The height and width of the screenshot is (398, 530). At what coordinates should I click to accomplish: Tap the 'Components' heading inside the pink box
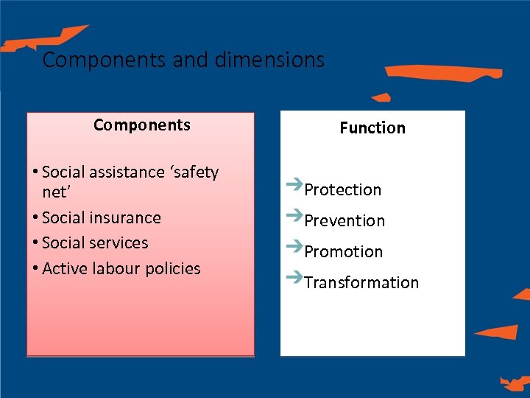point(142,125)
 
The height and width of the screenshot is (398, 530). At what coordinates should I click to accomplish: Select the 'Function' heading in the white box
point(372,128)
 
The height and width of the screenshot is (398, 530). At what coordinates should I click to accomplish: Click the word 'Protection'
point(343,190)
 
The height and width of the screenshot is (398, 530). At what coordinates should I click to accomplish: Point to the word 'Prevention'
point(344,221)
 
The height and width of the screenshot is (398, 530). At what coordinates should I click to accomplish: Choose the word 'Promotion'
point(344,252)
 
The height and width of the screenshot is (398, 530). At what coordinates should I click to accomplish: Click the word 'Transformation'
point(361,283)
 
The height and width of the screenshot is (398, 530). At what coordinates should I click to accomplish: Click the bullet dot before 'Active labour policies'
point(35,269)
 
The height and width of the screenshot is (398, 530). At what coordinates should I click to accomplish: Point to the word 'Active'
point(63,268)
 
